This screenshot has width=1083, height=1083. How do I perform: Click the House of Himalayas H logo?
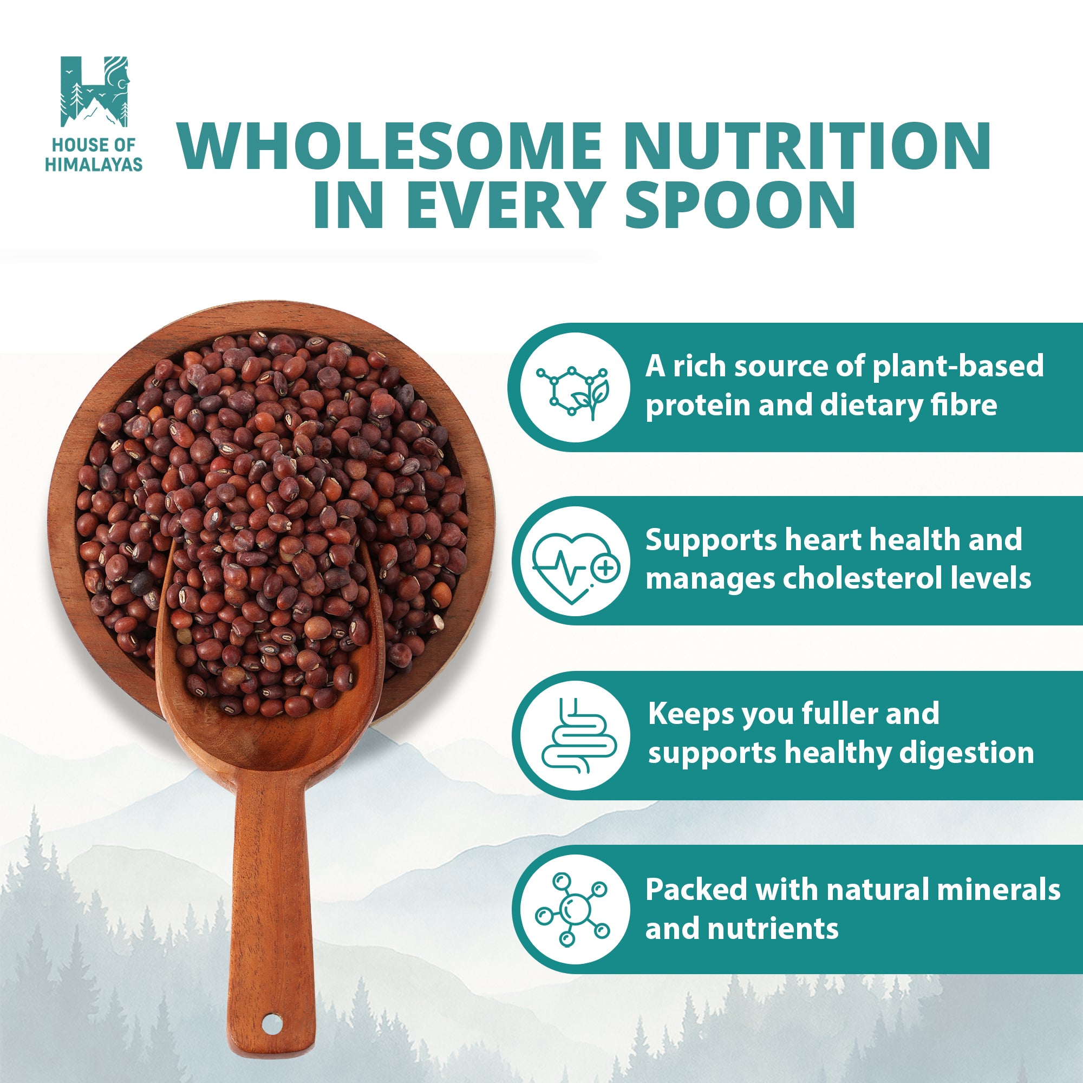(x=94, y=91)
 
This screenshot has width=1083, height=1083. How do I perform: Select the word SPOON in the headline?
(x=739, y=205)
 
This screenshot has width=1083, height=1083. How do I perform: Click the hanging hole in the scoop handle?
(x=270, y=1023)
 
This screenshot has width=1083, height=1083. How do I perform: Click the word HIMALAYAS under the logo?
(x=94, y=164)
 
